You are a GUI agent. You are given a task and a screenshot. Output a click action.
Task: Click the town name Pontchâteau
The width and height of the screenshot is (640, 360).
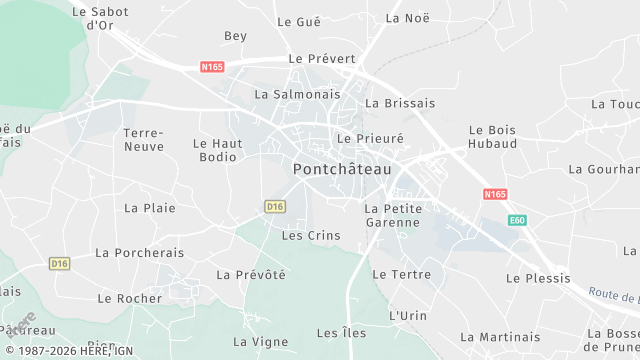(341, 170)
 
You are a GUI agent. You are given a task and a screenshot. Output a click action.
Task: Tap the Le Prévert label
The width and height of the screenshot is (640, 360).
(322, 59)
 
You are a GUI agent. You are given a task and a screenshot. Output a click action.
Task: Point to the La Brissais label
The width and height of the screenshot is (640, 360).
(400, 103)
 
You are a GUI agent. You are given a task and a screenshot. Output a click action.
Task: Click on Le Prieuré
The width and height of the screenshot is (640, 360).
(370, 139)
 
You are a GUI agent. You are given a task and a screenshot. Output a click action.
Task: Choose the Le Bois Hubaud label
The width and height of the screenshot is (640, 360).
(493, 137)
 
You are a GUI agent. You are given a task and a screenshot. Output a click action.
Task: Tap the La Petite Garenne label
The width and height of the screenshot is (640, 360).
(392, 215)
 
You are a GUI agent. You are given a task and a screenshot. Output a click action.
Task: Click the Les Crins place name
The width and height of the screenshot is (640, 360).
(311, 236)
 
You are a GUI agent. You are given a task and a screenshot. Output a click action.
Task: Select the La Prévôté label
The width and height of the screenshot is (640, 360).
(251, 275)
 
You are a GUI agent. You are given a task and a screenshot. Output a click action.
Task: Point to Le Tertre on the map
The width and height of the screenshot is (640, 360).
(401, 274)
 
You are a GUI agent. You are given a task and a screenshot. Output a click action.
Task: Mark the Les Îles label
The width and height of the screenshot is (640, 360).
(341, 333)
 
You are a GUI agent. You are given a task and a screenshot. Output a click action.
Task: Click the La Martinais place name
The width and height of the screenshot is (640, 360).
(500, 337)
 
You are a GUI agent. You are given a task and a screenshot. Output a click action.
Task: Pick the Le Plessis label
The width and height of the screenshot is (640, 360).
(538, 278)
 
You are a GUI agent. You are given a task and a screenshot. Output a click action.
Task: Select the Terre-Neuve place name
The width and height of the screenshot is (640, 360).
(143, 140)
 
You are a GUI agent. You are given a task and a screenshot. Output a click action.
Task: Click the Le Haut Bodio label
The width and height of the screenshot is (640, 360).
(218, 150)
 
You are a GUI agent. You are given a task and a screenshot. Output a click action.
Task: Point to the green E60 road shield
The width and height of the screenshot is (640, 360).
(516, 220)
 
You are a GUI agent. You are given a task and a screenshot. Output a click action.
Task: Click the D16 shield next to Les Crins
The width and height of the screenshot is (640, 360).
(276, 206)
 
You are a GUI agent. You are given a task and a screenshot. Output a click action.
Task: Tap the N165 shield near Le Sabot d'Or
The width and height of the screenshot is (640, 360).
(212, 67)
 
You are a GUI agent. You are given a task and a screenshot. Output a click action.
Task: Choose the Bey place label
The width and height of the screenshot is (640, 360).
(235, 36)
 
